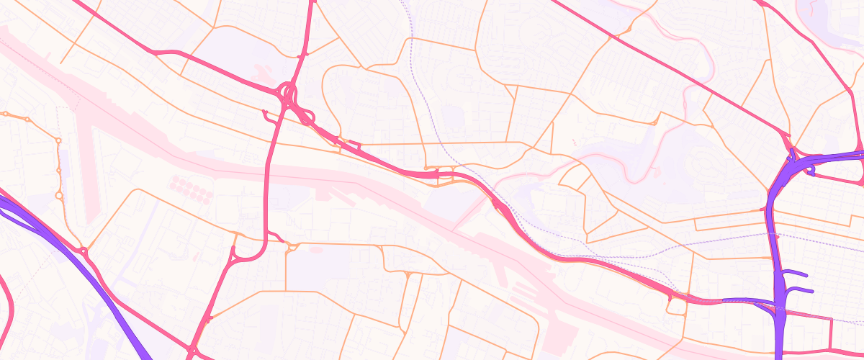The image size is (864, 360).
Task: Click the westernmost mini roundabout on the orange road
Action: click(x=6, y=114)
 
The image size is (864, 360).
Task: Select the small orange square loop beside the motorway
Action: click(x=677, y=307)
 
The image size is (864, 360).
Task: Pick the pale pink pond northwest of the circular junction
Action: click(x=263, y=72)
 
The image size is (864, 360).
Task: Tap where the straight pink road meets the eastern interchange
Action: click(x=789, y=136)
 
